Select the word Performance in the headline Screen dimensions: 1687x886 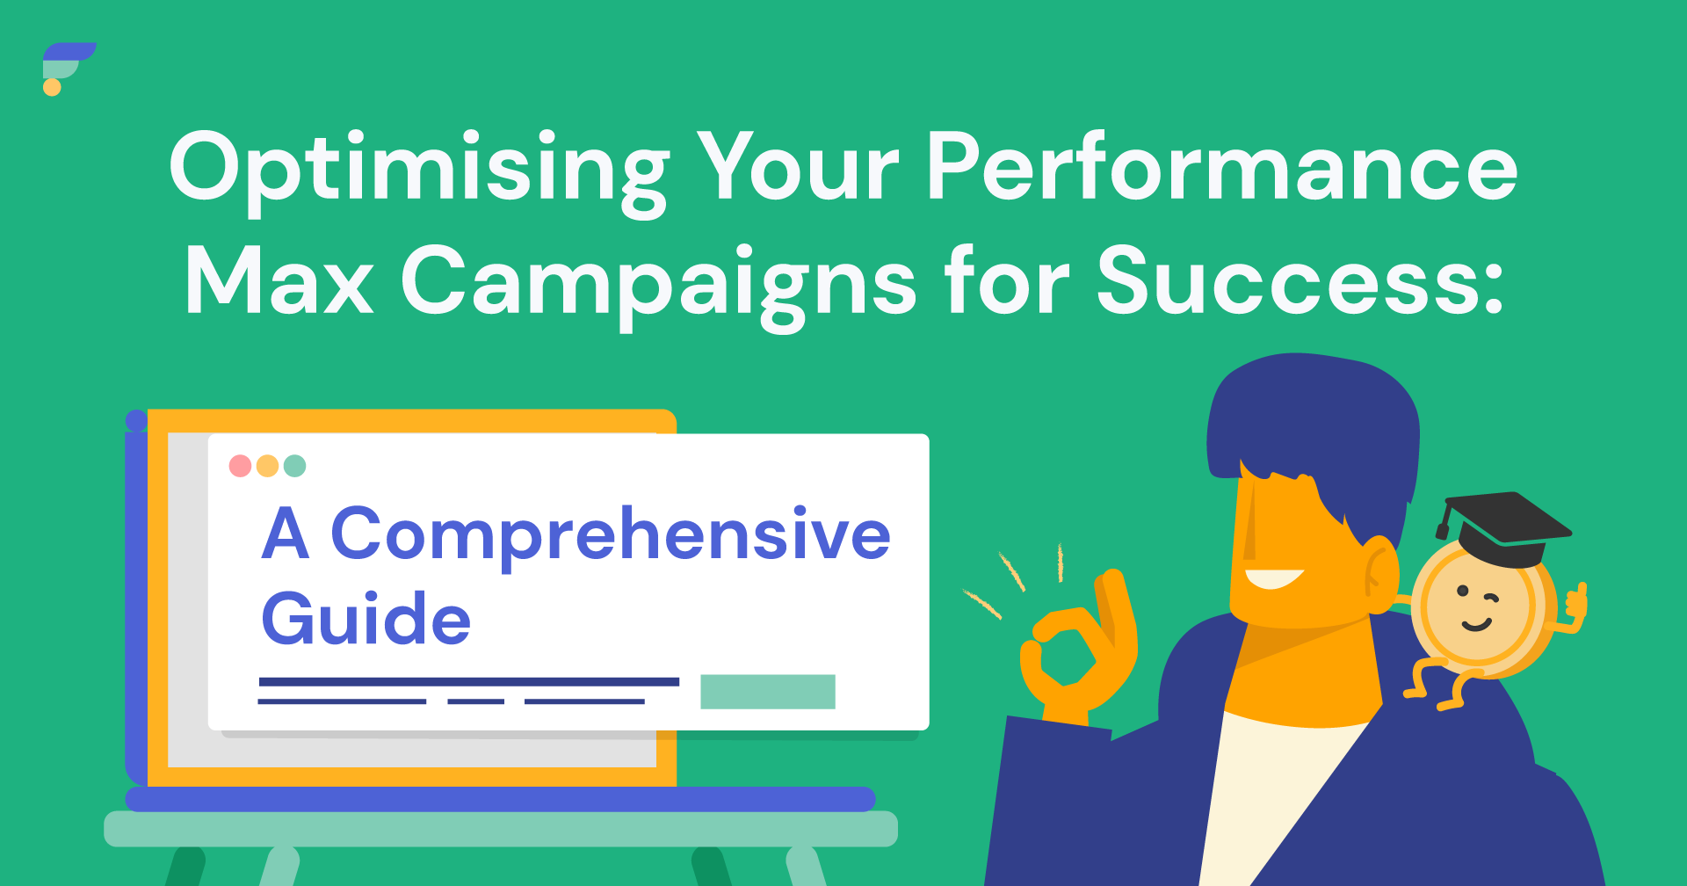pyautogui.click(x=1222, y=167)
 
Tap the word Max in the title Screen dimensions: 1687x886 pyautogui.click(x=279, y=280)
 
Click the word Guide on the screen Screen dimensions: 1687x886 pyautogui.click(x=366, y=618)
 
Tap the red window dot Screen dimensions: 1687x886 pyautogui.click(x=240, y=466)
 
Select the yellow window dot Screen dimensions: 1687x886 pyautogui.click(x=267, y=466)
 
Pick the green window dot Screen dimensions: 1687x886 pyautogui.click(x=295, y=466)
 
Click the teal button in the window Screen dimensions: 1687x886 pyautogui.click(x=768, y=692)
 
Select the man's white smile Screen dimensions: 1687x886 pyautogui.click(x=1272, y=578)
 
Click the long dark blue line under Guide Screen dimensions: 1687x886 pyautogui.click(x=469, y=681)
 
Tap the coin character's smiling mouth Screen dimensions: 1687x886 pyautogui.click(x=1476, y=625)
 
